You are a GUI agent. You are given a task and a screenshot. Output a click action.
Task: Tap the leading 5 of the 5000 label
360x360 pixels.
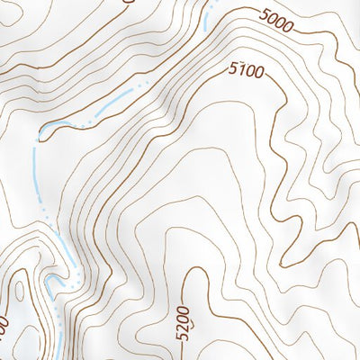coord(263,14)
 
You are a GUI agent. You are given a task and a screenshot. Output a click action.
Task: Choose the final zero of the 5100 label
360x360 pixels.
coord(262,74)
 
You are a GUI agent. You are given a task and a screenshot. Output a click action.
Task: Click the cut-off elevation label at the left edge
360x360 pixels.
coord(4,324)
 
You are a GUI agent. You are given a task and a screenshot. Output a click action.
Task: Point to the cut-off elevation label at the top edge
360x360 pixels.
coord(126,2)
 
